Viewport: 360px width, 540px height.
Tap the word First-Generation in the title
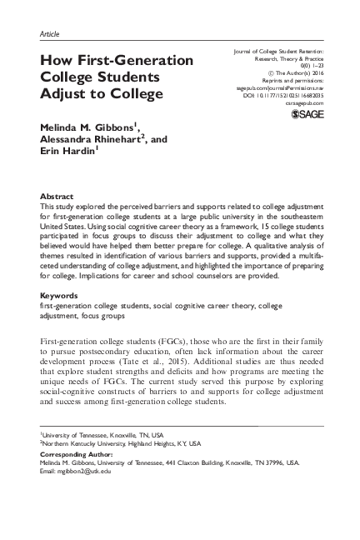pyautogui.click(x=141, y=60)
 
